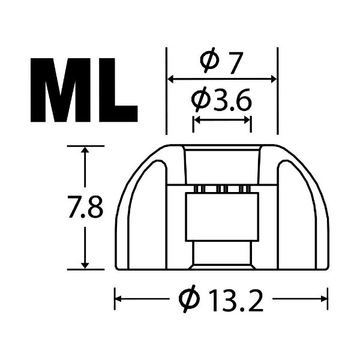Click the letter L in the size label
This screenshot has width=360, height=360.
117,90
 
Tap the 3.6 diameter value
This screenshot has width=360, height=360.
232,99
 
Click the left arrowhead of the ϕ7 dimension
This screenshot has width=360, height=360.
170,79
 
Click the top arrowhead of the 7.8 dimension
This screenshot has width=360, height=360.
87,150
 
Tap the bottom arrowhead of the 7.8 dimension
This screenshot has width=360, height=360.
87,265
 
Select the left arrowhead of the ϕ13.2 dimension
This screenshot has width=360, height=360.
118,297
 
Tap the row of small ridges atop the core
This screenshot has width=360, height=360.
221,190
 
